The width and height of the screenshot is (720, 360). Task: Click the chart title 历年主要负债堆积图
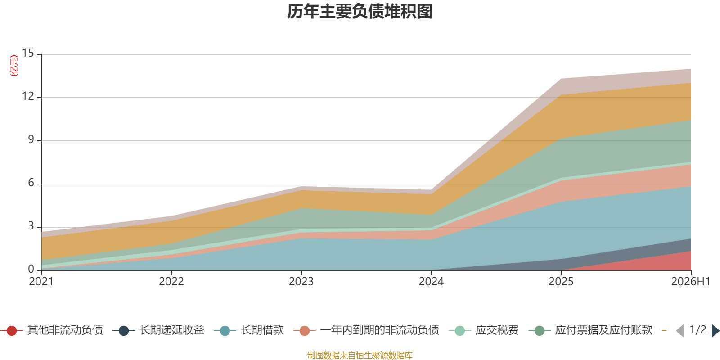[x=360, y=12]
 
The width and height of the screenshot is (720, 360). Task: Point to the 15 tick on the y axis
[x=28, y=53]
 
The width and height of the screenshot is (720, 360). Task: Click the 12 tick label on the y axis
[x=28, y=96]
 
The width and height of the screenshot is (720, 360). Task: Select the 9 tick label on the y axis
[x=31, y=139]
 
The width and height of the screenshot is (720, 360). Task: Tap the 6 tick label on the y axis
[x=31, y=183]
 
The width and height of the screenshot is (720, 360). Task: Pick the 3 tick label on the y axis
[x=31, y=226]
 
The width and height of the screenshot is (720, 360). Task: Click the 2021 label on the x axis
[x=41, y=282]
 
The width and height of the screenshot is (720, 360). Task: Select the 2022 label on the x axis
[x=171, y=282]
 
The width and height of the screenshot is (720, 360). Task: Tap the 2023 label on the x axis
[x=301, y=282]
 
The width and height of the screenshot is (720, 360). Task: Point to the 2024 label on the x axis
[x=431, y=282]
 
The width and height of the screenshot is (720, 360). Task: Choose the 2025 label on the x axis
[x=561, y=282]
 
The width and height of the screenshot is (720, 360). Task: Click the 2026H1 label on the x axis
[x=691, y=282]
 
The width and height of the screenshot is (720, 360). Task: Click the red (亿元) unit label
[x=14, y=66]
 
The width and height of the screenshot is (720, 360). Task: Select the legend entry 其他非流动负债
[x=52, y=330]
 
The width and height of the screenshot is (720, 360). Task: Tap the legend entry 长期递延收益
[x=158, y=330]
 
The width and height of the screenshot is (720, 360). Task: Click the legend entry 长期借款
[x=249, y=330]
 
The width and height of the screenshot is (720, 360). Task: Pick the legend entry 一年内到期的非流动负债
[x=366, y=330]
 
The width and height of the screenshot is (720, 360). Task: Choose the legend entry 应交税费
[x=484, y=330]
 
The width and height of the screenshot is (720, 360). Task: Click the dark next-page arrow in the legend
[x=715, y=330]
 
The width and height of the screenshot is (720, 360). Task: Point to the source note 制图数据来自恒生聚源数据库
[x=360, y=355]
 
